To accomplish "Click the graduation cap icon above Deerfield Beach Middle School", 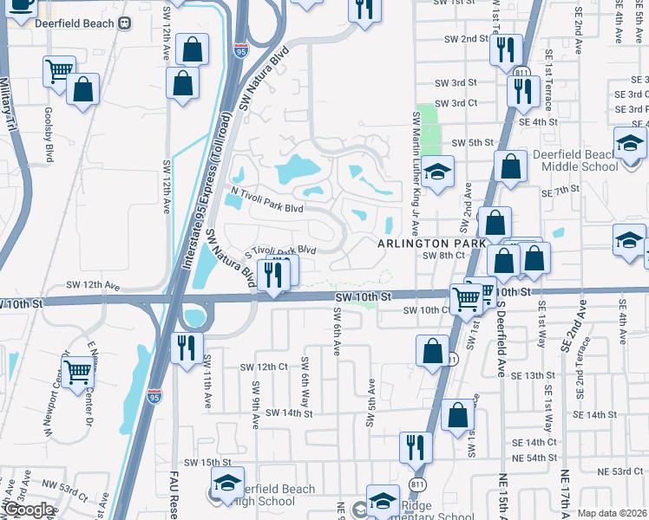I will click(x=630, y=142).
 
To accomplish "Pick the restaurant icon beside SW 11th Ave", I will click(x=186, y=348).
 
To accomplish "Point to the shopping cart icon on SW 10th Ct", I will click(x=467, y=299).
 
